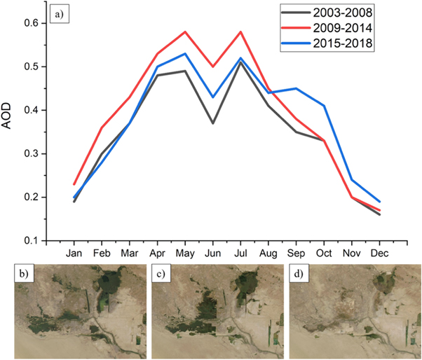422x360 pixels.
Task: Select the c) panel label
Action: coord(162,274)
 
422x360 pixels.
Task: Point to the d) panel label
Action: coord(300,274)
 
